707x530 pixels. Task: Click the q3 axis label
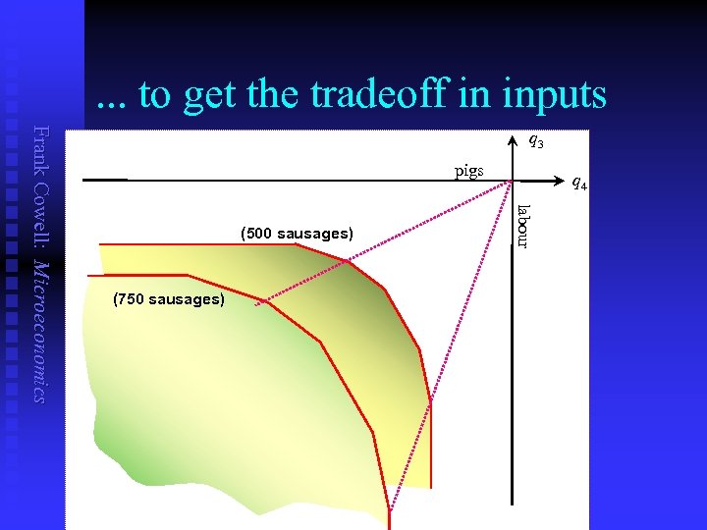point(535,141)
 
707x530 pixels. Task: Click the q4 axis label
point(579,183)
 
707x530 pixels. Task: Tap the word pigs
point(468,171)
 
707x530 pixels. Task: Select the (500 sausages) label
point(297,234)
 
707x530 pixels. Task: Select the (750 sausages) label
point(168,298)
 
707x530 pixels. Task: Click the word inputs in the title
point(557,94)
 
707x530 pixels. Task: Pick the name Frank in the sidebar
point(40,148)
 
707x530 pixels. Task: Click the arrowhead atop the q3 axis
point(512,138)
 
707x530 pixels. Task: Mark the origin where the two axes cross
point(512,180)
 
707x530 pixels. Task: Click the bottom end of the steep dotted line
point(391,510)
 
